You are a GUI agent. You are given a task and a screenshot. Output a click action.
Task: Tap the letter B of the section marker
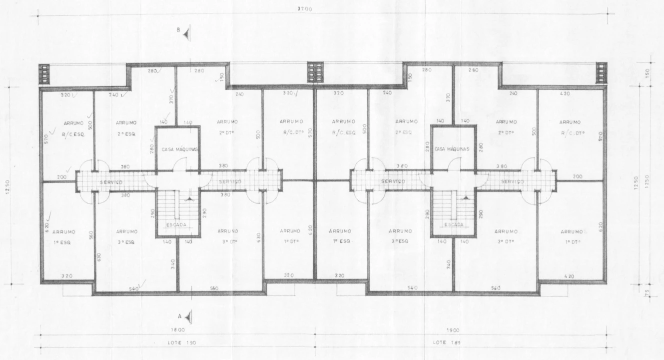(x=178, y=30)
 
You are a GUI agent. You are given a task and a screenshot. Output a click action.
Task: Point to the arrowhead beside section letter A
(x=188, y=316)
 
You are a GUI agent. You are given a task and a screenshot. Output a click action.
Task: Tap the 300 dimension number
(x=577, y=177)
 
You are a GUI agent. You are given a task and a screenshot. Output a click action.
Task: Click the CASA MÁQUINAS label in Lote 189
(x=453, y=149)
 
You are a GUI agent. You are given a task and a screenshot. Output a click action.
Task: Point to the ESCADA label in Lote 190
(x=176, y=225)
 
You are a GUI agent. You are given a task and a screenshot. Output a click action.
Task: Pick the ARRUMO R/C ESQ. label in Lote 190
(x=74, y=128)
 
